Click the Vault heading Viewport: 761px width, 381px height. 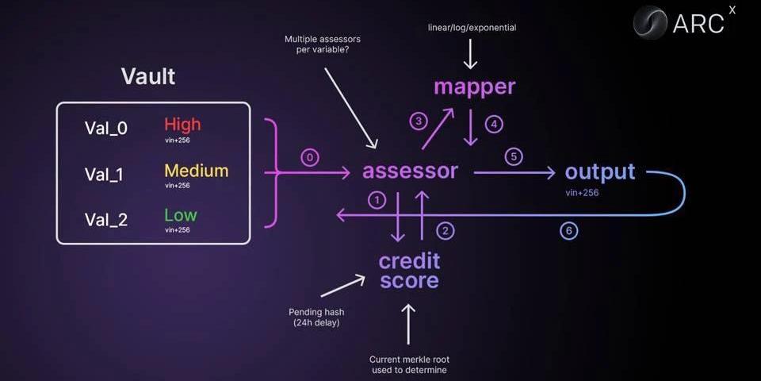pos(148,76)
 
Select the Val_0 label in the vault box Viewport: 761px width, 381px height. pos(106,128)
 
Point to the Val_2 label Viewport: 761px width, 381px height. pos(106,220)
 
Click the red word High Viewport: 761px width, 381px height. pos(182,125)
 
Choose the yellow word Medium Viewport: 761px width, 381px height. pos(196,171)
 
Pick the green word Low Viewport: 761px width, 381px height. pos(180,215)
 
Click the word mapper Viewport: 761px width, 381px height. pos(474,87)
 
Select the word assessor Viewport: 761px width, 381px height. pos(410,171)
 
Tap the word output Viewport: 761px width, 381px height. pos(600,171)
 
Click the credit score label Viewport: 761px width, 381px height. pos(409,271)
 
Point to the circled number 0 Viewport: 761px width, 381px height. pos(311,158)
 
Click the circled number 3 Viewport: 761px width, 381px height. pos(418,121)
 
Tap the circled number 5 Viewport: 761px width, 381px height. pos(513,156)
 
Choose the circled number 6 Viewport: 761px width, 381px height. pos(568,231)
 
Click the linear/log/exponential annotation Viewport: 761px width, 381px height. pos(471,28)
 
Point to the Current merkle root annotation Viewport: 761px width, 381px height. pos(410,364)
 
